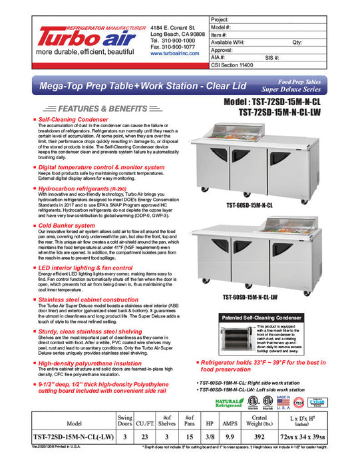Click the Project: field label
coord(222,21)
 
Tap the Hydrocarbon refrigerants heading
coord(83,188)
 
